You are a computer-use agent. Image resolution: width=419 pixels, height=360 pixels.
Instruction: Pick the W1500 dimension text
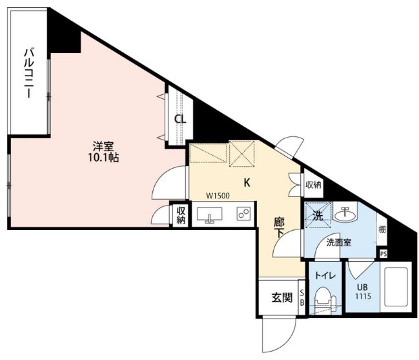219,196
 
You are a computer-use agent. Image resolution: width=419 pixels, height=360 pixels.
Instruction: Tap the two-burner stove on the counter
243,214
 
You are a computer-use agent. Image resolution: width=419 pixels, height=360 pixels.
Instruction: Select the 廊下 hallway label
280,228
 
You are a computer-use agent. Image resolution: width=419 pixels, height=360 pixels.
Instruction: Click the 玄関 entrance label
281,298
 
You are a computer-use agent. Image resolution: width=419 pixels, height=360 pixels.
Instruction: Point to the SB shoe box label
301,298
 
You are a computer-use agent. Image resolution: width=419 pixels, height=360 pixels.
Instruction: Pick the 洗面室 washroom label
338,243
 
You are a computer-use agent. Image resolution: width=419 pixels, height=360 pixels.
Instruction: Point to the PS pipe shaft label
383,254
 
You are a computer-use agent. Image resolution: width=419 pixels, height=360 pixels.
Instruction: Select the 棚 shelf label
382,229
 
